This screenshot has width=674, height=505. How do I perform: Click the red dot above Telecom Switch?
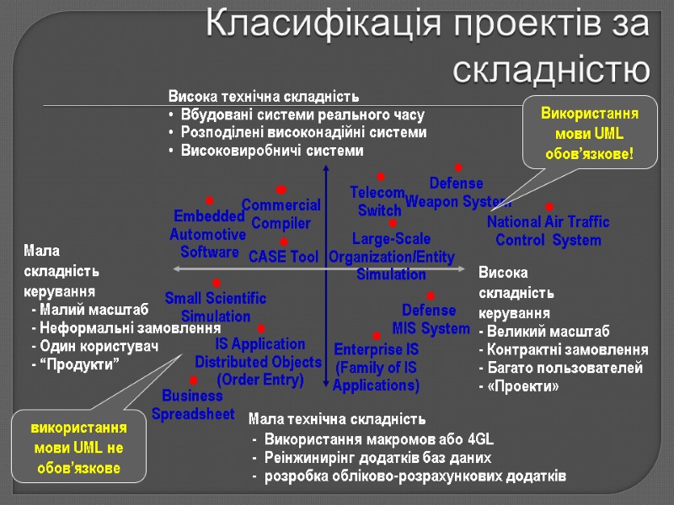[380, 177]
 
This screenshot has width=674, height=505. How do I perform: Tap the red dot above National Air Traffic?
[548, 207]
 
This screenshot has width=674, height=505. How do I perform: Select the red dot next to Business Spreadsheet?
[194, 380]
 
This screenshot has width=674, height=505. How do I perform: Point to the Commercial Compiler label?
[281, 214]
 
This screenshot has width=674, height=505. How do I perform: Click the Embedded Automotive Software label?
[208, 234]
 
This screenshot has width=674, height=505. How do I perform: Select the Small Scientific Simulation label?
[216, 307]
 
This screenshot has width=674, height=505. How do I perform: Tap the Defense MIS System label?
[430, 319]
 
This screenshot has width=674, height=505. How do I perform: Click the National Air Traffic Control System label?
[548, 231]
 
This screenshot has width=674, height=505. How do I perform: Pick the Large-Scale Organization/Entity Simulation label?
[391, 257]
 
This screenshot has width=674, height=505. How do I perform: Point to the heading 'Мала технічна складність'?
[338, 418]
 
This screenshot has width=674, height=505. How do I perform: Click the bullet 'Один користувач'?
[95, 345]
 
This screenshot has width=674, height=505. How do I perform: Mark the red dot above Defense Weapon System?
[458, 168]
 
